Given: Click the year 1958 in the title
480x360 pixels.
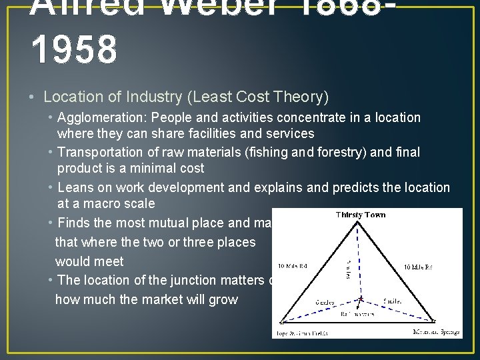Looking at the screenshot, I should [x=74, y=50].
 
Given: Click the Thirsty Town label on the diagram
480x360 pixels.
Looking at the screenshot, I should [x=361, y=215].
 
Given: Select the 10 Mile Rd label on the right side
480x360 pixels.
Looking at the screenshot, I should [x=418, y=267].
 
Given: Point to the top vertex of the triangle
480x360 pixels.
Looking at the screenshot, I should [x=360, y=222].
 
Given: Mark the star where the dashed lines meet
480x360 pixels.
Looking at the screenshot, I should [x=361, y=299].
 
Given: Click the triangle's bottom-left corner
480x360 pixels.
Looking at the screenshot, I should [x=281, y=323].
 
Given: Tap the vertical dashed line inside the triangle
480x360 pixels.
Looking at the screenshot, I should [x=360, y=260].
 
